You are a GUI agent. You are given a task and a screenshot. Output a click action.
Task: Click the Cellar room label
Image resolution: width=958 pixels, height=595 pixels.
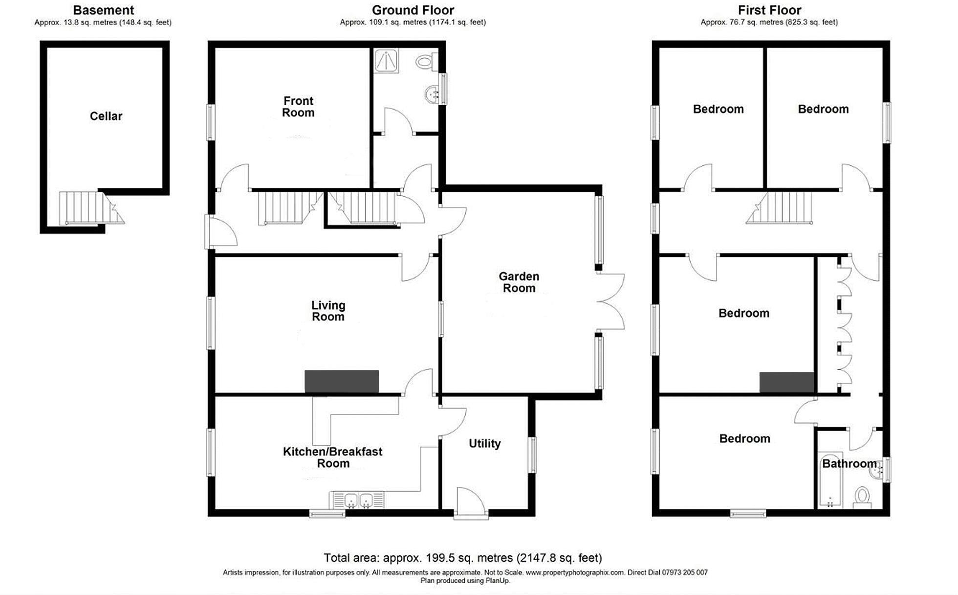coord(106,116)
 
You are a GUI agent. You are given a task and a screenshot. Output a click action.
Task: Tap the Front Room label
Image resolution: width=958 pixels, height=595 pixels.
coord(298,107)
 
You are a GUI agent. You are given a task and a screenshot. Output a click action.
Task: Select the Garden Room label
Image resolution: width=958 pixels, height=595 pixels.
coord(519,282)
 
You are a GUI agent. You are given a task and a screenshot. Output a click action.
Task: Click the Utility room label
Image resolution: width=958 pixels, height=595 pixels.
coord(484,443)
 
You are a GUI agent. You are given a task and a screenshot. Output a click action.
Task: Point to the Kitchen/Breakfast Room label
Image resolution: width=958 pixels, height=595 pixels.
coord(332,457)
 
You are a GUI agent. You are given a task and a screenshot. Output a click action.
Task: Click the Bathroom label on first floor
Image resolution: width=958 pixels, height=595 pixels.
coord(849,463)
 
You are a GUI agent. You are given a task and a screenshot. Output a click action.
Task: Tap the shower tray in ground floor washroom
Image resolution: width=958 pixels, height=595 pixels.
coord(386,61)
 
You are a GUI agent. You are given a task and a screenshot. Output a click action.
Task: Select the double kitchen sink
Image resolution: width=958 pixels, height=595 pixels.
coord(358,501)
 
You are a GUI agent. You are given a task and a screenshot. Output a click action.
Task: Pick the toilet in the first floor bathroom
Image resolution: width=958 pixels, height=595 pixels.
coord(863,497)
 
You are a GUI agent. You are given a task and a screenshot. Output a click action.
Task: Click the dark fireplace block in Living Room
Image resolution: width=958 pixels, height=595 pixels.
coord(341,381)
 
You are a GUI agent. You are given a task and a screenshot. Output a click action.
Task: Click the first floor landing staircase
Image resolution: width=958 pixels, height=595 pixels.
coord(782,207)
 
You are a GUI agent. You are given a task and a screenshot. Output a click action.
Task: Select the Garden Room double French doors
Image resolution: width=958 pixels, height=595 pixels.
coord(611,301)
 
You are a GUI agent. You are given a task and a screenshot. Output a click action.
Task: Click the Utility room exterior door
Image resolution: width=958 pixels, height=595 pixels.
coord(470,503)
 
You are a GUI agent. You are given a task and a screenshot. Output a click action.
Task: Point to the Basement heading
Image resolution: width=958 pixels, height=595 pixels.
coord(103,10)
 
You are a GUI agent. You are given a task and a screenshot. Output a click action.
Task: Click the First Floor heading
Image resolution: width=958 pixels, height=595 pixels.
coord(769,10)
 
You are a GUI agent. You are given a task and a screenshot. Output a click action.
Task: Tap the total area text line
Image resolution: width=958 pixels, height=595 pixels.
coord(462,558)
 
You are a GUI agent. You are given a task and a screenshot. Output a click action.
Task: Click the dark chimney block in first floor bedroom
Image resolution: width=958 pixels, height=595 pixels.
coord(786,382)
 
